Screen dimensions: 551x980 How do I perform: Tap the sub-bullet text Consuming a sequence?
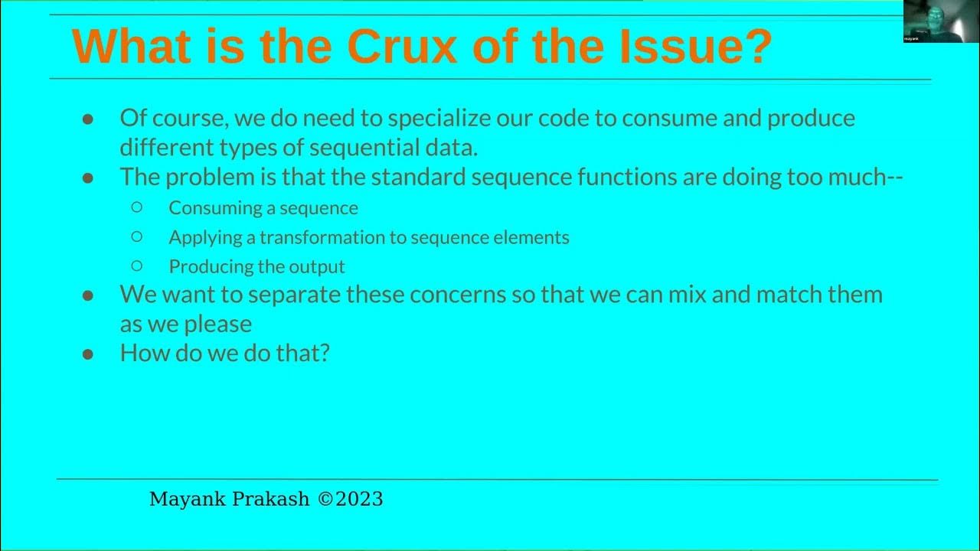click(263, 208)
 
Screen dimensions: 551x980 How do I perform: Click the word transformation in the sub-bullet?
click(322, 237)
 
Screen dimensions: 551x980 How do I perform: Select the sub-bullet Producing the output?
click(256, 266)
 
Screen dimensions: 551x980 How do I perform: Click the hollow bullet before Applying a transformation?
click(137, 236)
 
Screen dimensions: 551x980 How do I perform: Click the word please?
click(218, 324)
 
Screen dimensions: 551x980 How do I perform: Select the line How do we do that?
click(224, 353)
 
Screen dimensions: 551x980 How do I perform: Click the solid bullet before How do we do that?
click(88, 354)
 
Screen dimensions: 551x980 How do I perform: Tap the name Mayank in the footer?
click(186, 500)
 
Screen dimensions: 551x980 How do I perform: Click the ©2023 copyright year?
click(350, 500)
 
